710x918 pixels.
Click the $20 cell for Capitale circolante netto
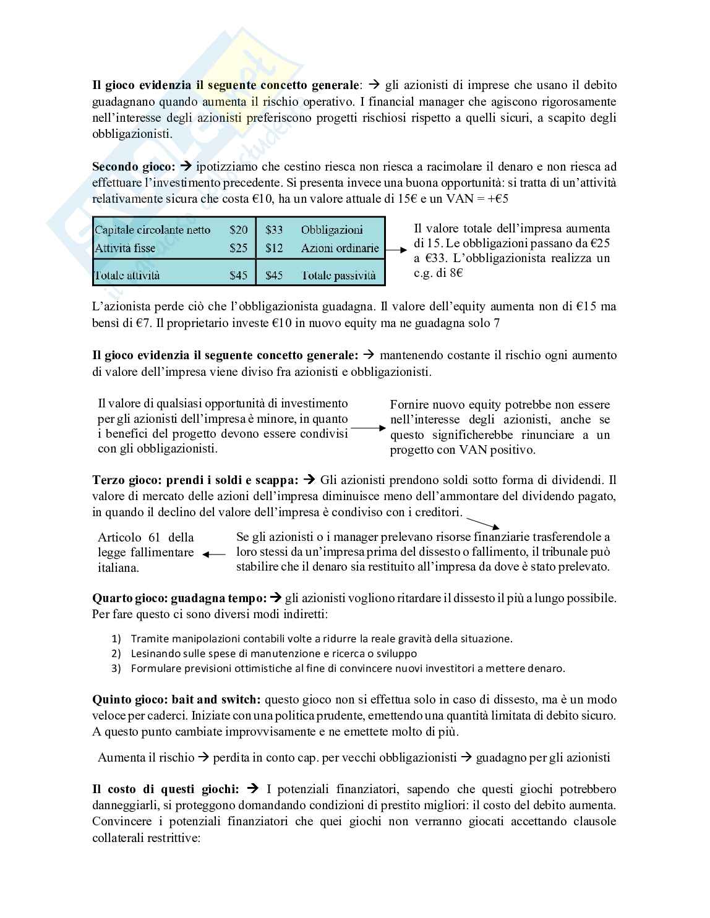[238, 230]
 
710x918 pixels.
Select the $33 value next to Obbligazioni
[274, 230]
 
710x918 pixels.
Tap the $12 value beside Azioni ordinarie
[274, 248]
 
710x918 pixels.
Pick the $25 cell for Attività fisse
[238, 248]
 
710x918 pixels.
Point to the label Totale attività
[127, 275]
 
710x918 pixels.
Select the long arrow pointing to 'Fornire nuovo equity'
[368, 427]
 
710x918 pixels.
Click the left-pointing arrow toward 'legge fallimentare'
[214, 555]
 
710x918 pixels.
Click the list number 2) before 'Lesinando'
[116, 653]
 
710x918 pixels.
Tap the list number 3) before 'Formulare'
[116, 668]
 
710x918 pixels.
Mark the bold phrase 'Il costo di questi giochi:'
[165, 789]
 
